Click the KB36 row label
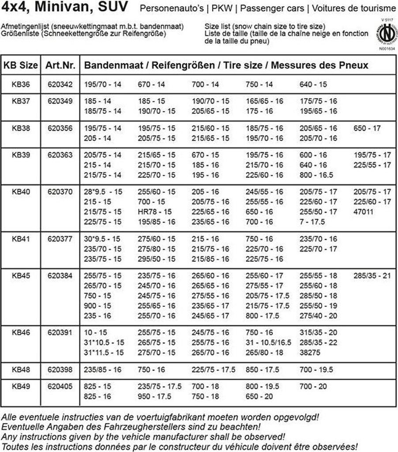[x=21, y=84]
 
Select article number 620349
[x=60, y=101]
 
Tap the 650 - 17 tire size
[x=367, y=128]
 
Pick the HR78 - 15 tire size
[x=155, y=211]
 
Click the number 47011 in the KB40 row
[x=364, y=211]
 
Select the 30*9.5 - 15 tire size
[x=102, y=239]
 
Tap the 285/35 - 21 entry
[x=372, y=276]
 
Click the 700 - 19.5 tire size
[x=316, y=369]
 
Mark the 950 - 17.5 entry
[x=154, y=396]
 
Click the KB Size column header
[x=21, y=65]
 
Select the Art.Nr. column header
[x=60, y=65]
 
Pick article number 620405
[x=60, y=386]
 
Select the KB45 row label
[x=21, y=276]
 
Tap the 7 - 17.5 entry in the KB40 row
[x=312, y=222]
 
